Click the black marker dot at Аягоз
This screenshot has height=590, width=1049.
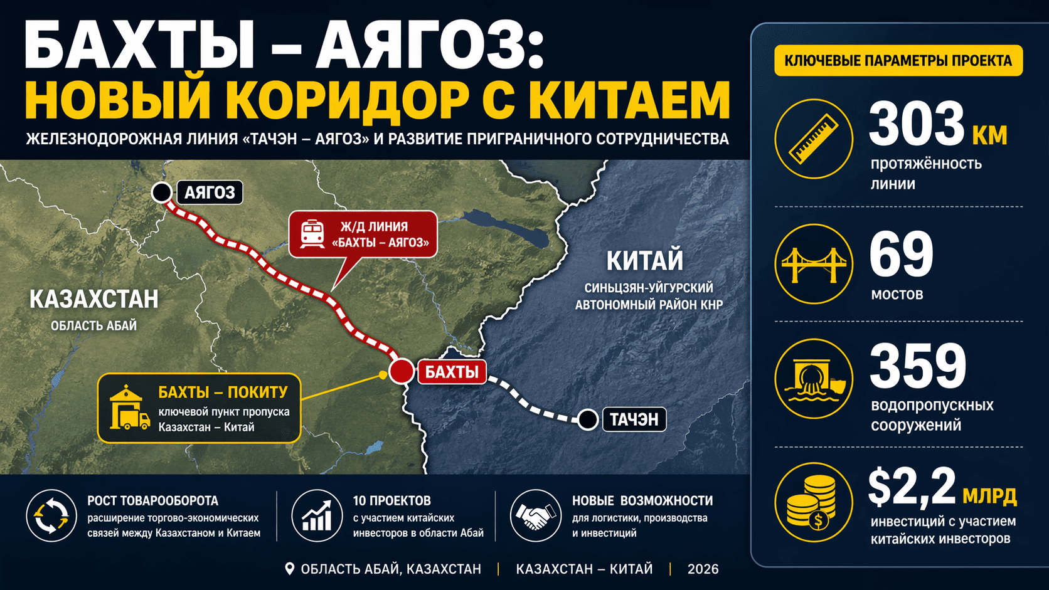point(162,192)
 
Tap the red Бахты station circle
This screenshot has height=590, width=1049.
point(402,371)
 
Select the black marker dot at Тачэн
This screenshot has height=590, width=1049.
point(588,419)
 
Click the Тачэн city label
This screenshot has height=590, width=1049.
point(634,419)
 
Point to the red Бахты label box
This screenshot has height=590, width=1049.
point(452,372)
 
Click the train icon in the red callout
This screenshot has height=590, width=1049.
point(312,234)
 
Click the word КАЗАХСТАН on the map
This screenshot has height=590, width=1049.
point(94,299)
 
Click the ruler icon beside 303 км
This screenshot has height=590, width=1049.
point(814,139)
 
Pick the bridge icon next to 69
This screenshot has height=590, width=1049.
point(814,264)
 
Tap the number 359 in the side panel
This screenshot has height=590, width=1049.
point(918,366)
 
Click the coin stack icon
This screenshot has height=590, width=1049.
point(814,502)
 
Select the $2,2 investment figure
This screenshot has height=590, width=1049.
point(912,487)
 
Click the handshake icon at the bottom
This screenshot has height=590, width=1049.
point(535,515)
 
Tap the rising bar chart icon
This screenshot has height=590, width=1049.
point(317,515)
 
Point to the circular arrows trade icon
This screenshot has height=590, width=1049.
point(51,515)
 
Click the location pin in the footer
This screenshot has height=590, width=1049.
point(289,569)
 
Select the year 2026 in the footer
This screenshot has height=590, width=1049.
point(703,569)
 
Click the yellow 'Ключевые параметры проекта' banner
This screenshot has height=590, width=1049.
point(898,61)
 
